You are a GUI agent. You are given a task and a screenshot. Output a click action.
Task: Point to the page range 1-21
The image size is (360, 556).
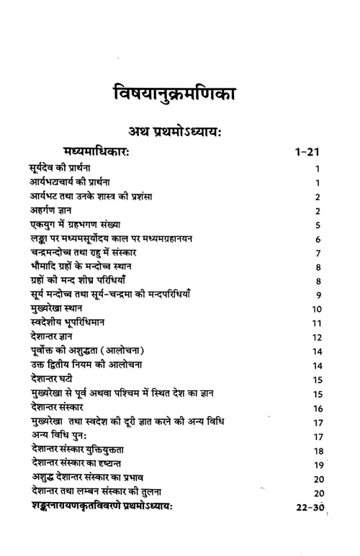tap(311, 153)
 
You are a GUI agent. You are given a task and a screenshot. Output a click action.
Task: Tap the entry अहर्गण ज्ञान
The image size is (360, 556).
tap(47, 210)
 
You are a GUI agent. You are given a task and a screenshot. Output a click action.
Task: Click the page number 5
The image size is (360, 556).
tap(318, 225)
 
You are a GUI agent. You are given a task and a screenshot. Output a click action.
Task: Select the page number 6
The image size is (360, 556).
tap(318, 239)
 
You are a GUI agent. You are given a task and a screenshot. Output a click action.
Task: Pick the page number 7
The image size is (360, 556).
tap(318, 254)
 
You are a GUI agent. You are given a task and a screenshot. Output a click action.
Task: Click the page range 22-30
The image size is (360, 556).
tap(310, 507)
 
